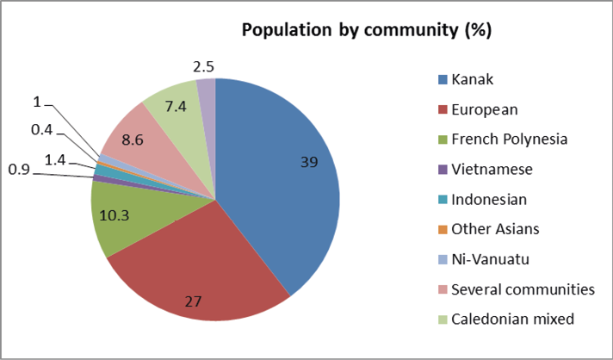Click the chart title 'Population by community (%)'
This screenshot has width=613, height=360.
(366, 31)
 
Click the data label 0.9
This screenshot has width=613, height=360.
(19, 171)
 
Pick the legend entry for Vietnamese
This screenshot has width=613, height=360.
(492, 170)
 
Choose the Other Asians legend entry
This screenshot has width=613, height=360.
(494, 229)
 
